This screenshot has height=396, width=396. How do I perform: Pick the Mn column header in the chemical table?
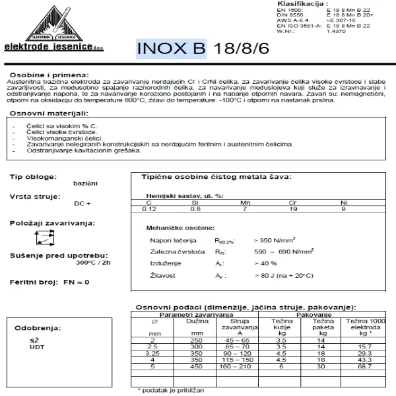coord(245,203)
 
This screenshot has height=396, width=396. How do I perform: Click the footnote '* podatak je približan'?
coord(171,391)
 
